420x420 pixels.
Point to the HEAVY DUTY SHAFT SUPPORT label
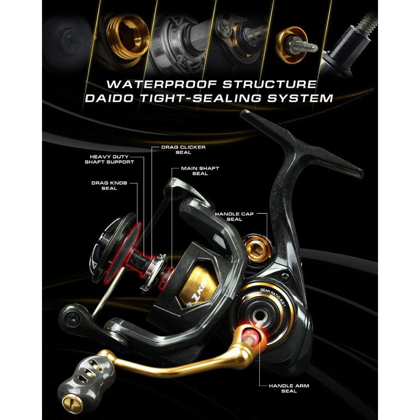point(109,159)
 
